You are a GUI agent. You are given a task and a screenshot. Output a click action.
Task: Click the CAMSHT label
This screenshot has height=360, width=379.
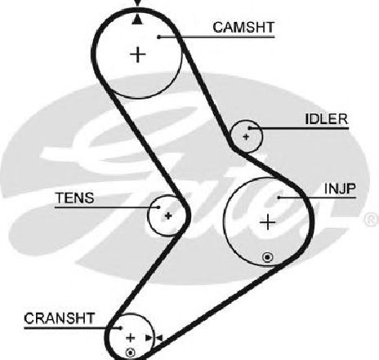[x=243, y=28]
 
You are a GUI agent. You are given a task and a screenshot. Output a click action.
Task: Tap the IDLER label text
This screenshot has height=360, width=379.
[x=327, y=119]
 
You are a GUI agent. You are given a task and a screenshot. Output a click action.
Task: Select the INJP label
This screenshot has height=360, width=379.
[x=340, y=189]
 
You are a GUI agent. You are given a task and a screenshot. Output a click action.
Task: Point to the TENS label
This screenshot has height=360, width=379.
[x=75, y=198]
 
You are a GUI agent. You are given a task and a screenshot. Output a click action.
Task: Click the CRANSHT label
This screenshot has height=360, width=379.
[x=60, y=318]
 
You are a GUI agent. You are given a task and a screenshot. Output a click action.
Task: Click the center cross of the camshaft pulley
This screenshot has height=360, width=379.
[x=138, y=55]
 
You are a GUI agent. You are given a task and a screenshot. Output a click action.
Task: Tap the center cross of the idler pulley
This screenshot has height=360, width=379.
[x=246, y=136]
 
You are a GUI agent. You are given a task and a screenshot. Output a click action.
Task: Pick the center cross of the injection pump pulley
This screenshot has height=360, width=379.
[x=268, y=222]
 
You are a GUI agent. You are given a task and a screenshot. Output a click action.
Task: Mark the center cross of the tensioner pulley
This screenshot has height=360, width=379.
[x=168, y=216]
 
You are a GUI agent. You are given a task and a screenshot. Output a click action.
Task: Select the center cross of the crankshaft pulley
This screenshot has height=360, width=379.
[x=131, y=338]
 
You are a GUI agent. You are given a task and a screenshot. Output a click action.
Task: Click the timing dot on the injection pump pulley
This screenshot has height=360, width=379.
[x=268, y=257]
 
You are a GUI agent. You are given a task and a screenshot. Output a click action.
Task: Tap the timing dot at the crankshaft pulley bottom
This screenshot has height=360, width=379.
[x=130, y=353]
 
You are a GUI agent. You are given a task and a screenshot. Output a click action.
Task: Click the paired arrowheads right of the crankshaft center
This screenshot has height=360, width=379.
[x=154, y=338]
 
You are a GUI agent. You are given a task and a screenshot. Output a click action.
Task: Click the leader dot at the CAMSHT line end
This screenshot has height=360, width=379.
[x=159, y=37]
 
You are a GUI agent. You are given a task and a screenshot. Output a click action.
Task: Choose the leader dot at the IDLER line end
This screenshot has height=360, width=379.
[x=250, y=128]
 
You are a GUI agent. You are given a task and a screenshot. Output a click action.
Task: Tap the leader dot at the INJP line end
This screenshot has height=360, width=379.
[x=279, y=198]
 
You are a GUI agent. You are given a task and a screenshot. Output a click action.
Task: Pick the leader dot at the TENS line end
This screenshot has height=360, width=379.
[x=158, y=207]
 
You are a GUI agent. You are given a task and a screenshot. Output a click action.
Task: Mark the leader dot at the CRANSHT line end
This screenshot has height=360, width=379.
[x=121, y=327]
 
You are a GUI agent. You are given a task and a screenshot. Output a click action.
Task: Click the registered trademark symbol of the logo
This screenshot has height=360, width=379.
[x=372, y=220]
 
